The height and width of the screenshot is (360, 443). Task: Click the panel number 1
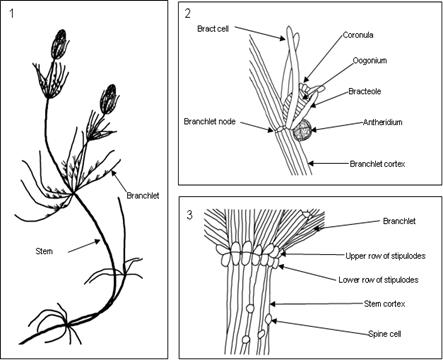12,14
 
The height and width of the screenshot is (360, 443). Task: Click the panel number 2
188,14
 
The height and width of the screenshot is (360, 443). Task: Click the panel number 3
189,215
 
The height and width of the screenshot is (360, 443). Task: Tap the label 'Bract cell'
213,29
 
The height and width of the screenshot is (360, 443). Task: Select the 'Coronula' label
358,35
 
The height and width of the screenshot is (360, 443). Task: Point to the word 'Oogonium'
370,61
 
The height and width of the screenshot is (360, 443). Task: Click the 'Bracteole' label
365,91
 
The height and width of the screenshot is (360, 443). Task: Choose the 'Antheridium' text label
383,122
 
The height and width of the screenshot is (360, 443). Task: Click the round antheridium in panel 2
302,130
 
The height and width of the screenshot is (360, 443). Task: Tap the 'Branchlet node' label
210,122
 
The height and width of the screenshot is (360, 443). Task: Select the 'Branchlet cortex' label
377,164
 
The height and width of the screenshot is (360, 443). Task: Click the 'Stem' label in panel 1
44,251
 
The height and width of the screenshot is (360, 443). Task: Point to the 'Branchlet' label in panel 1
143,196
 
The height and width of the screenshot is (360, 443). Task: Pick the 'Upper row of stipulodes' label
385,256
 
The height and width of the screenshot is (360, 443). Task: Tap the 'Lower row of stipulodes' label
378,280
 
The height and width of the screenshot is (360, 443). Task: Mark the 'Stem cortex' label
384,304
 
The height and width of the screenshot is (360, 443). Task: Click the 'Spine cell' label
384,334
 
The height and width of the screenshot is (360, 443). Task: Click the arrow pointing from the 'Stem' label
84,247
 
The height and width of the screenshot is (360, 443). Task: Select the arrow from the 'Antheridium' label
336,126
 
